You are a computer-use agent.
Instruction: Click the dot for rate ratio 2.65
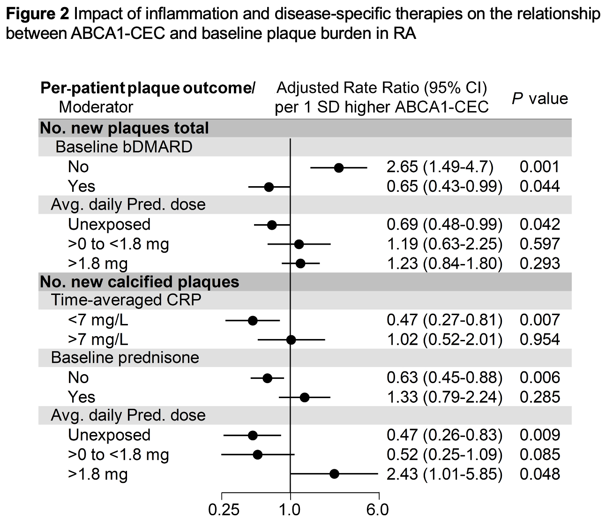point(339,167)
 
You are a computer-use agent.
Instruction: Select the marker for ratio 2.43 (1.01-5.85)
point(334,474)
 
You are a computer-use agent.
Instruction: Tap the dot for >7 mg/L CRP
point(291,339)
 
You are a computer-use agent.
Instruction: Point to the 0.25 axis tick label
point(224,510)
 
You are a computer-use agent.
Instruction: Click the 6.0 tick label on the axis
point(378,510)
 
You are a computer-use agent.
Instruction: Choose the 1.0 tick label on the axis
point(290,510)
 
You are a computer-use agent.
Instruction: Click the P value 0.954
point(539,339)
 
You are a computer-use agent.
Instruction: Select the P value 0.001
point(539,167)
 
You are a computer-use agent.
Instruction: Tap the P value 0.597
point(539,244)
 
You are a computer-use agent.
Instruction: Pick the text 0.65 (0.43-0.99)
point(444,187)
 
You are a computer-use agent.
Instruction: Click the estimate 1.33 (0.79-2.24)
point(444,397)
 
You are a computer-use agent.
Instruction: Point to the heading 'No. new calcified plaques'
point(140,282)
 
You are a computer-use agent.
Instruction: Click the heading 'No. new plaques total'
point(125,128)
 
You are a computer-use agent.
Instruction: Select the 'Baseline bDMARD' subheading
point(124,147)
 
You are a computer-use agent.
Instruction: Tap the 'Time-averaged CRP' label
point(126,300)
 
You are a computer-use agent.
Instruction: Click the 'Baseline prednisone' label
point(125,358)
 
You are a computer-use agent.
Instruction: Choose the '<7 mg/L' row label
point(98,320)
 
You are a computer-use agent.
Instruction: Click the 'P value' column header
point(539,98)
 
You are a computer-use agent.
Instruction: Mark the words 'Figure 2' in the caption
point(37,15)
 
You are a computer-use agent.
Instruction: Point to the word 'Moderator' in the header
point(96,107)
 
